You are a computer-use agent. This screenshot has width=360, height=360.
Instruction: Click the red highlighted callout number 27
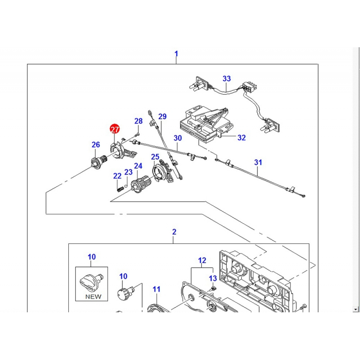(115, 129)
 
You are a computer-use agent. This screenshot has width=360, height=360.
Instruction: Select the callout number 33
(227, 78)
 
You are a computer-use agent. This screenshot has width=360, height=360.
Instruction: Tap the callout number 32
(242, 138)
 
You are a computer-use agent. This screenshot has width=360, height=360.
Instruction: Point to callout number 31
(258, 162)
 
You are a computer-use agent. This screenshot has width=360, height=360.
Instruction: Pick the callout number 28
(139, 121)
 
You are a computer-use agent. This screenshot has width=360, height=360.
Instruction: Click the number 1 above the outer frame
(176, 54)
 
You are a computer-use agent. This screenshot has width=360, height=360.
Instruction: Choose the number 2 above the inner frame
(174, 232)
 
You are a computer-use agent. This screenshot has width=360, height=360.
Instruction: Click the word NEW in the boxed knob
(93, 297)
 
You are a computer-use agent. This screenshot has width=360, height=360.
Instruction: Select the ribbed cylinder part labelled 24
(141, 183)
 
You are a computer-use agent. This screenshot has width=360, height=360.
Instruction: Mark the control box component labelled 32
(206, 123)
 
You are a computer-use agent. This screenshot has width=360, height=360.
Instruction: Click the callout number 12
(202, 261)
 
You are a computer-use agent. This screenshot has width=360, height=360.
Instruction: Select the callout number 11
(156, 289)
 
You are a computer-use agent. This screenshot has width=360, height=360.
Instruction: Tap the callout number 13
(213, 278)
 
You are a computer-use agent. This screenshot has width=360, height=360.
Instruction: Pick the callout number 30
(178, 138)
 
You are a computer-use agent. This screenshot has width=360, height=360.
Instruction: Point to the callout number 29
(162, 117)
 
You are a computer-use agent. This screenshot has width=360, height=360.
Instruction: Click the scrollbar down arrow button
(356, 309)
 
